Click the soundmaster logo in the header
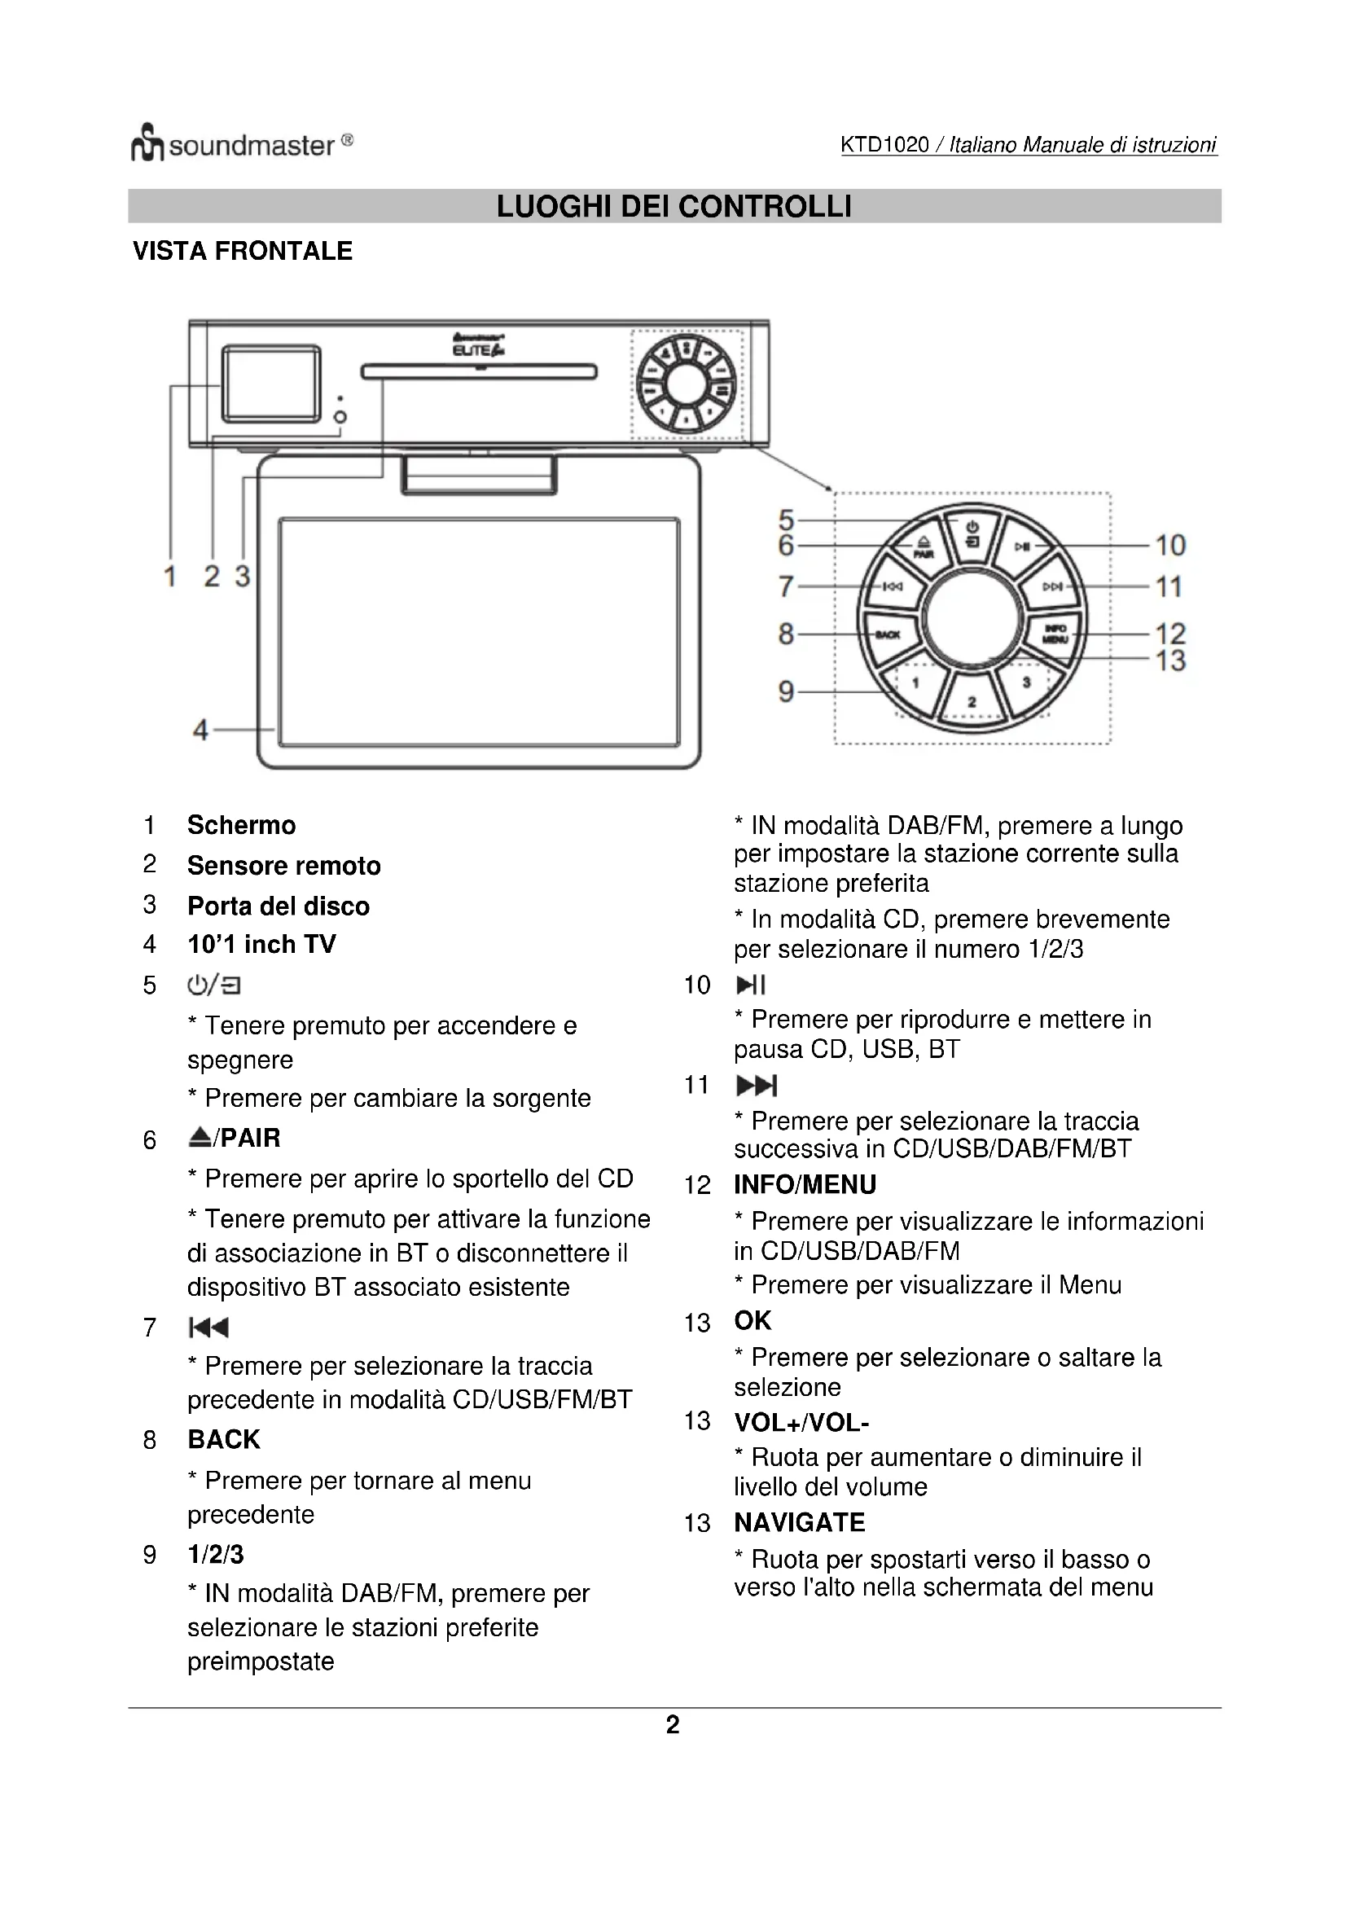click(x=241, y=145)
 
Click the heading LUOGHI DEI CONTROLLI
click(x=673, y=207)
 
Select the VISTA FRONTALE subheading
click(x=242, y=251)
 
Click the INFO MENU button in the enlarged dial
click(x=1054, y=634)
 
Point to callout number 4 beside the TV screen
click(x=200, y=730)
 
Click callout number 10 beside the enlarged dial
click(x=1169, y=545)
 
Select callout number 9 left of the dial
click(x=785, y=691)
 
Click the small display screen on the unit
click(x=270, y=384)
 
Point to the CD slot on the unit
click(x=479, y=371)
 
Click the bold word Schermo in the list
click(x=241, y=825)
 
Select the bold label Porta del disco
click(x=278, y=905)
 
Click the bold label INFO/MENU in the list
click(x=805, y=1184)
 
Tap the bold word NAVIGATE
click(x=799, y=1521)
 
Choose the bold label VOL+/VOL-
click(x=801, y=1422)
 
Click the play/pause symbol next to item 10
click(x=751, y=985)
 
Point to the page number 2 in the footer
click(x=673, y=1724)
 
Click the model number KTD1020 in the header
click(x=884, y=145)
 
